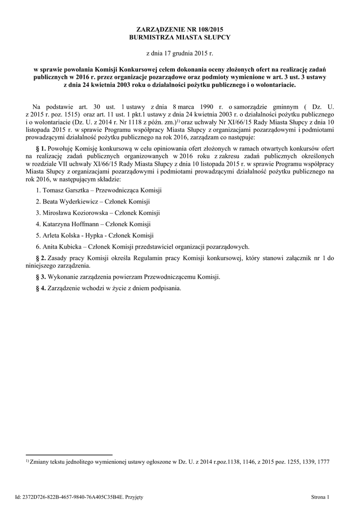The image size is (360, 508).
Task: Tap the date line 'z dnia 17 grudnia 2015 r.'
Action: [x=180, y=53]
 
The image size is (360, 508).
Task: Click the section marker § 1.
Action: [x=42, y=148]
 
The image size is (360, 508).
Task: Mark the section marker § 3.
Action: [x=42, y=277]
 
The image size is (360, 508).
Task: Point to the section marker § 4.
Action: [x=42, y=288]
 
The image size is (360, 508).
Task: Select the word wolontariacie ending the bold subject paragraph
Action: [x=272, y=85]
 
